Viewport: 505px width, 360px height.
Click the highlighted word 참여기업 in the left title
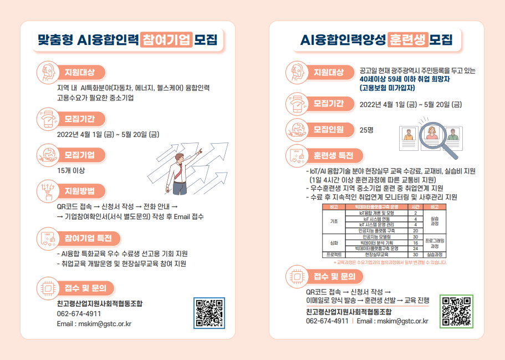(x=166, y=39)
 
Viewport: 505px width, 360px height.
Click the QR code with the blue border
(x=209, y=313)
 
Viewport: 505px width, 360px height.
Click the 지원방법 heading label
(x=80, y=191)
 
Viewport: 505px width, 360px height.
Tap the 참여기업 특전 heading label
(x=88, y=239)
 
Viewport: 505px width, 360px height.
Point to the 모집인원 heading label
(x=328, y=130)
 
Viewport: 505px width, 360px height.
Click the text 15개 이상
(x=71, y=170)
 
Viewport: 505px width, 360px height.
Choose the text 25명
(x=366, y=130)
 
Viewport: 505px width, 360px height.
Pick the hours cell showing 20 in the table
(x=415, y=230)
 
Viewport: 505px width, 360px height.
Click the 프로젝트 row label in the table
(x=333, y=255)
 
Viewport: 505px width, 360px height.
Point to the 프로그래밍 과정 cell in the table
(x=435, y=242)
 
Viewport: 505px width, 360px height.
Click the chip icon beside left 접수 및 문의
(x=48, y=288)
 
